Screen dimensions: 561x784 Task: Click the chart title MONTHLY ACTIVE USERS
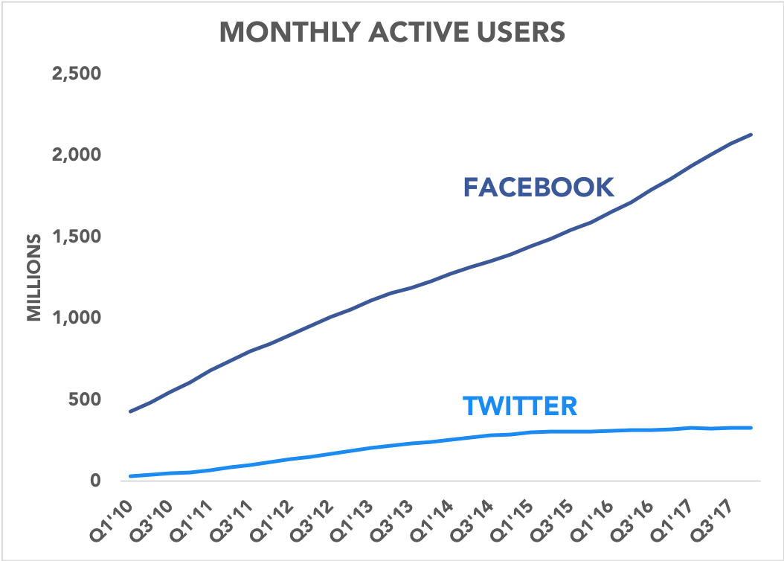392,32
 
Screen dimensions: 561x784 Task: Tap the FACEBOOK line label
539,187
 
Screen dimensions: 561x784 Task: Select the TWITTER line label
520,405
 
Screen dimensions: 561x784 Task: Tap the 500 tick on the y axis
83,399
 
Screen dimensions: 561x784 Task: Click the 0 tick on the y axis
94,480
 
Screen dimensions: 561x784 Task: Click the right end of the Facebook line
752,135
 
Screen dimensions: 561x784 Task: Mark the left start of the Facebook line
130,411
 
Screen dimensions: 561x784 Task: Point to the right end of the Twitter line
752,428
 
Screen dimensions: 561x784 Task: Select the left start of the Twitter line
130,476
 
